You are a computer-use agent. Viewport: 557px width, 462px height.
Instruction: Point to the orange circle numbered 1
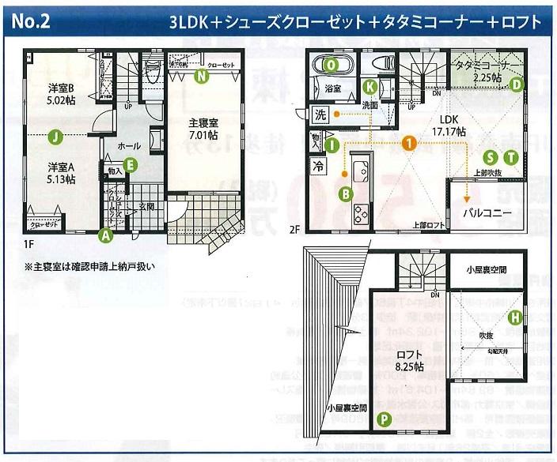click(x=408, y=143)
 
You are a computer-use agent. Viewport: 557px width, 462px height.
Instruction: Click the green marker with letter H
click(x=516, y=317)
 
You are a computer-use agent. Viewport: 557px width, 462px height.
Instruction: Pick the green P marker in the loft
click(x=385, y=419)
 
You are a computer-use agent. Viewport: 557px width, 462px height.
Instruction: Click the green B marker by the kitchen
click(x=345, y=193)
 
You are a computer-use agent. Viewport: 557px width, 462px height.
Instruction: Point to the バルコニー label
click(x=488, y=213)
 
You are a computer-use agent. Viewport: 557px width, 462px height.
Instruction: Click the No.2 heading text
click(x=32, y=21)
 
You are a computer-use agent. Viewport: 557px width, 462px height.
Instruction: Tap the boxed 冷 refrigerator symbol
click(x=318, y=166)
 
